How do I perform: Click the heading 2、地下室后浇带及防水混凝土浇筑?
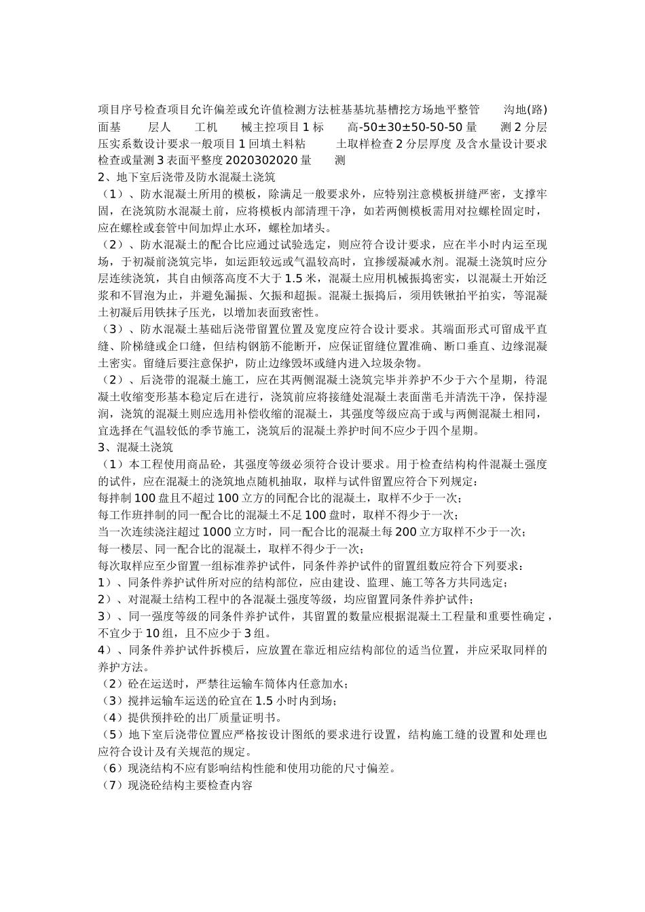point(186,177)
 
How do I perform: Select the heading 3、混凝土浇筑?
point(135,447)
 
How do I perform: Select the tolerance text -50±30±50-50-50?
point(410,127)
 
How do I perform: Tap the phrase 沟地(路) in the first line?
point(526,110)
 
